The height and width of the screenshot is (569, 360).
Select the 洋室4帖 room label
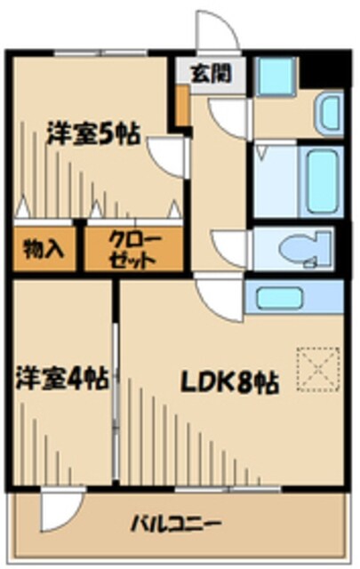(x=62, y=380)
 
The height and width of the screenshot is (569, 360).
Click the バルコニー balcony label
(x=178, y=523)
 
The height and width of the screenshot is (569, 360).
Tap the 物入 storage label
(x=44, y=248)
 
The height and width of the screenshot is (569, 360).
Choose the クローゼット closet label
(x=133, y=249)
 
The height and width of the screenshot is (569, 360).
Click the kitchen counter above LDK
(x=293, y=296)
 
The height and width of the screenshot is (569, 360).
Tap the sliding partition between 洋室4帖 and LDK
(x=115, y=382)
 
